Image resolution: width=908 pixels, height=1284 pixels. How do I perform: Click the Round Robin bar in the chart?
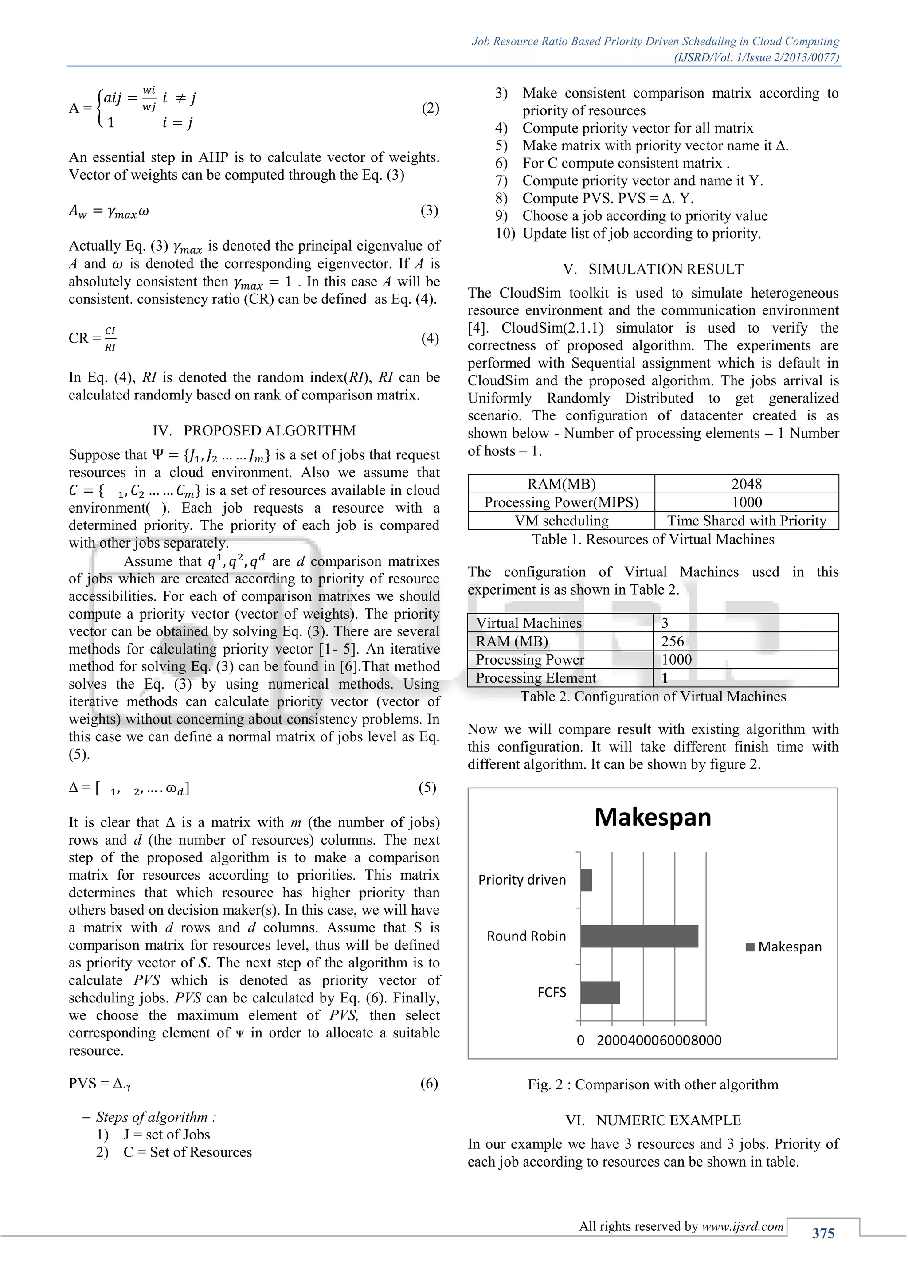(x=638, y=936)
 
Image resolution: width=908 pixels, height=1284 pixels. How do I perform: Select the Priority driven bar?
(x=586, y=880)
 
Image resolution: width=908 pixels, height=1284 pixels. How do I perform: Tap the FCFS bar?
(x=599, y=992)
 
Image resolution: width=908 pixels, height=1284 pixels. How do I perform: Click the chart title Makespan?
(x=653, y=817)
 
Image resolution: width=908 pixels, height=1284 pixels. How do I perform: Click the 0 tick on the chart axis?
(x=580, y=1040)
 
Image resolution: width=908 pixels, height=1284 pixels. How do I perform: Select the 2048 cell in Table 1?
(x=747, y=484)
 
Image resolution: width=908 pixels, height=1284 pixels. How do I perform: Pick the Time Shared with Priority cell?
(x=747, y=521)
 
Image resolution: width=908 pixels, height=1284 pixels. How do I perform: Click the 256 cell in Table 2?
(x=673, y=642)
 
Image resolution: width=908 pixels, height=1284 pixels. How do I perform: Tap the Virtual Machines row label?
(x=528, y=623)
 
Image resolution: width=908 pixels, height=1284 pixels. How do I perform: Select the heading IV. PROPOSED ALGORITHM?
(x=254, y=431)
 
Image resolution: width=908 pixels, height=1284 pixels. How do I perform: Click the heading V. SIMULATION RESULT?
(x=653, y=270)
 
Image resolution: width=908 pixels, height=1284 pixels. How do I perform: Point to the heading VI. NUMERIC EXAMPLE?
(x=653, y=1120)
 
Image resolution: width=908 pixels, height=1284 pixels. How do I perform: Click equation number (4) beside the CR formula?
(x=430, y=338)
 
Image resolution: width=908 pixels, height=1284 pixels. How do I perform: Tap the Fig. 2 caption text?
(x=653, y=1084)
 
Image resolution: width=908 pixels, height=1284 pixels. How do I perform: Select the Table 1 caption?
(x=653, y=539)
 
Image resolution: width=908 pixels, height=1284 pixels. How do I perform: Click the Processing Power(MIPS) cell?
(x=561, y=502)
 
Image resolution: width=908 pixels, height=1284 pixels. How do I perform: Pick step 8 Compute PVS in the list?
(x=607, y=198)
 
